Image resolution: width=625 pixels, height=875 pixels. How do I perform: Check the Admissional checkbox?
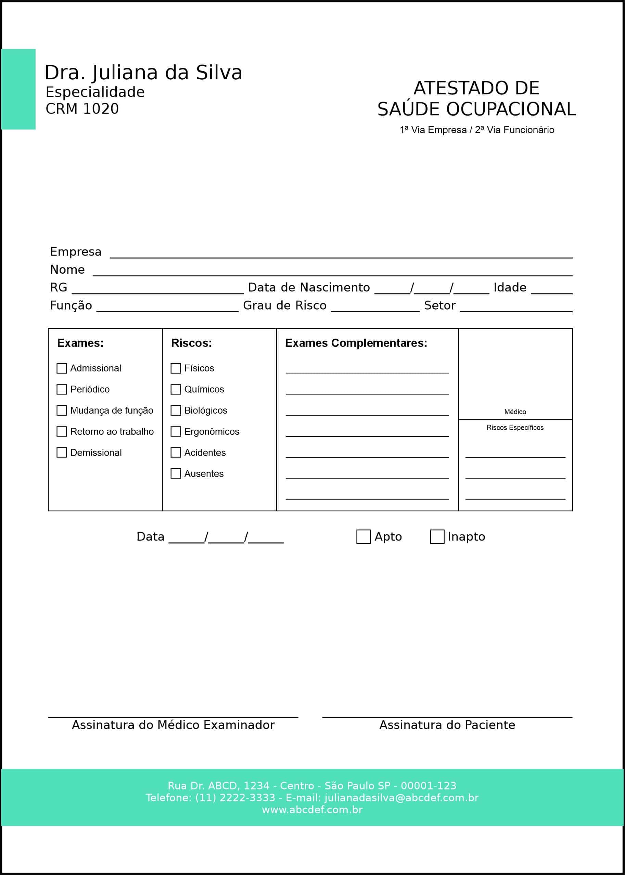click(62, 368)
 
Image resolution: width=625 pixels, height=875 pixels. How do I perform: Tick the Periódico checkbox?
click(62, 390)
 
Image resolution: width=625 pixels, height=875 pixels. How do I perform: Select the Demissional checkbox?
click(62, 453)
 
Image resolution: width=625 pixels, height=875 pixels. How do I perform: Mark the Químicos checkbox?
click(176, 390)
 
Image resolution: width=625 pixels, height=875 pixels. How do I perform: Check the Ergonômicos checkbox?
click(176, 432)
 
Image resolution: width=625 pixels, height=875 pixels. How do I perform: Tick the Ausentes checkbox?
click(176, 473)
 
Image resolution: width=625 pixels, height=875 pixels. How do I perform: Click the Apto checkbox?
click(363, 537)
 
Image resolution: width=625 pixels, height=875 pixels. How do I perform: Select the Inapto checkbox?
click(437, 537)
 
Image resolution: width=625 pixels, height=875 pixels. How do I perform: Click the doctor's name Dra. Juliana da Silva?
click(143, 73)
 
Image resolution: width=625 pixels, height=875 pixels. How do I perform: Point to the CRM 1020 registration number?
click(82, 109)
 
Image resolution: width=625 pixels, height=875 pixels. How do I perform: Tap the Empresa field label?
click(76, 252)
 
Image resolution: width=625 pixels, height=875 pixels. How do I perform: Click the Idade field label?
click(510, 288)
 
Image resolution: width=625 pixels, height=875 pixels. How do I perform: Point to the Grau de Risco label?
click(285, 305)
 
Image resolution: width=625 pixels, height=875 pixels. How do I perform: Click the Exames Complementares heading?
click(356, 343)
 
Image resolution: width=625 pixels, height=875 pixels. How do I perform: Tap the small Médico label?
click(515, 412)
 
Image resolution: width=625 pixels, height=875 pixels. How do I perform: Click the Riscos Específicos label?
click(515, 428)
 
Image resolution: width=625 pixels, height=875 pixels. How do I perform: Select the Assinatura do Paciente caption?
click(447, 725)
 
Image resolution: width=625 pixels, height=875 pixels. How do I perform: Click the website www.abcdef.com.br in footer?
click(312, 810)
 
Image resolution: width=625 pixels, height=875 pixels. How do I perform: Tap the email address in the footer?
click(401, 798)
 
